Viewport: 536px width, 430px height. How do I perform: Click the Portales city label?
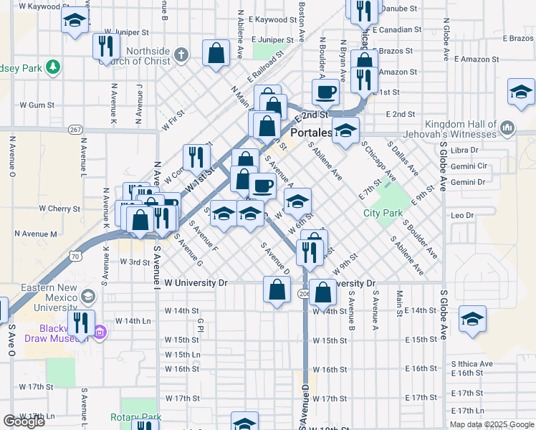[311, 133]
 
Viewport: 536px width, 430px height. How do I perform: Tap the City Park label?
[383, 213]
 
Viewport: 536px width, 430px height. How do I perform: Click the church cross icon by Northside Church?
[182, 54]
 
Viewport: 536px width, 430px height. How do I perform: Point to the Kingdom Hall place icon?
[508, 128]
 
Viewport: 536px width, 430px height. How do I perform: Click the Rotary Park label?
[135, 417]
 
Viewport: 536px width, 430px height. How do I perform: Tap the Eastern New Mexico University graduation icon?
[87, 296]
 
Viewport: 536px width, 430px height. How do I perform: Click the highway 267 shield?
[75, 130]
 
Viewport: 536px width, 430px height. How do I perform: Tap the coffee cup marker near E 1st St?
[326, 92]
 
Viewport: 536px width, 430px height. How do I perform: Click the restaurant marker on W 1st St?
[193, 157]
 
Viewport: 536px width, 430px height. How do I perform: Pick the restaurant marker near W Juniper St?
[105, 47]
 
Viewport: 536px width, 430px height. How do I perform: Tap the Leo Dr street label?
[462, 215]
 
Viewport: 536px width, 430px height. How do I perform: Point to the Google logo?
[24, 421]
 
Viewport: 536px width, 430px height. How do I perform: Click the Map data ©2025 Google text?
[491, 424]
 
